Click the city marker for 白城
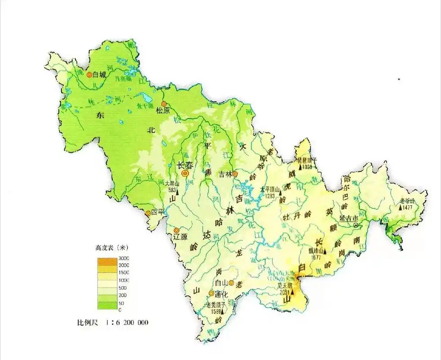pos(89,75)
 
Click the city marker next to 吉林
pos(235,173)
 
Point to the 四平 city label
pos(158,212)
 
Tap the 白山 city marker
pos(231,283)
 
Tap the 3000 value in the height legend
pos(124,258)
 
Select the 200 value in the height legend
pos(124,295)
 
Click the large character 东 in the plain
pos(99,115)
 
